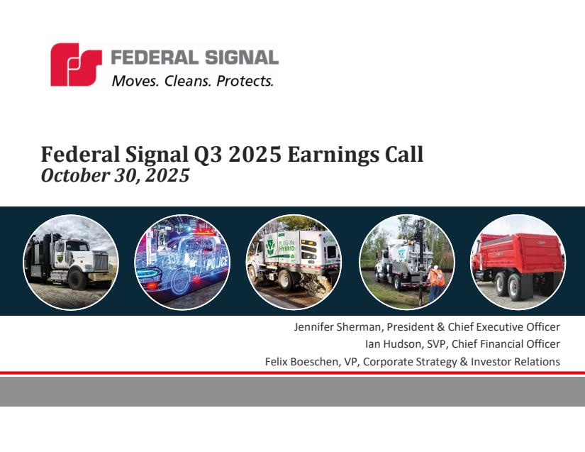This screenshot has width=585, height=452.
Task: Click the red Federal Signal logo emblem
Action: (x=76, y=65)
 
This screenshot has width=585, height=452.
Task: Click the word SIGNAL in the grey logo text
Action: (x=241, y=58)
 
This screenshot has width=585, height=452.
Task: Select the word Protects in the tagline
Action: (x=245, y=81)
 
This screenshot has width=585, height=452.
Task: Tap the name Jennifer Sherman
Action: (x=337, y=327)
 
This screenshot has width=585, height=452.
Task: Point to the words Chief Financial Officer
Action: (x=506, y=344)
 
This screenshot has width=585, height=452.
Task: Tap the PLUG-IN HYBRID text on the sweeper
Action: (x=286, y=246)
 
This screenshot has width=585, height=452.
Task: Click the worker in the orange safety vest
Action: (x=435, y=282)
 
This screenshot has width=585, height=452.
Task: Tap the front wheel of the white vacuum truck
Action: (x=77, y=280)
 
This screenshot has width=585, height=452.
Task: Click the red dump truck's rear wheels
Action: (x=509, y=286)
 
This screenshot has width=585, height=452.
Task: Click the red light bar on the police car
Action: (x=204, y=231)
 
